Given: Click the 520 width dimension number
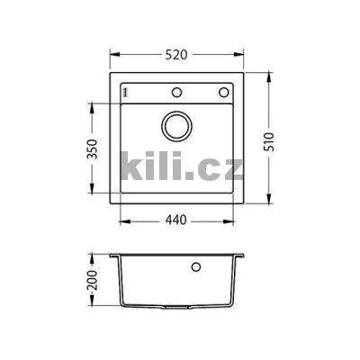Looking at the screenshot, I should [x=176, y=55].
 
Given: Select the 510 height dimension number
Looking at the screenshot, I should [x=279, y=140].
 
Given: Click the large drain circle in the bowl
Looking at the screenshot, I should [x=176, y=125].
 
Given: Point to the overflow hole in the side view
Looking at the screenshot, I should [x=197, y=267].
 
